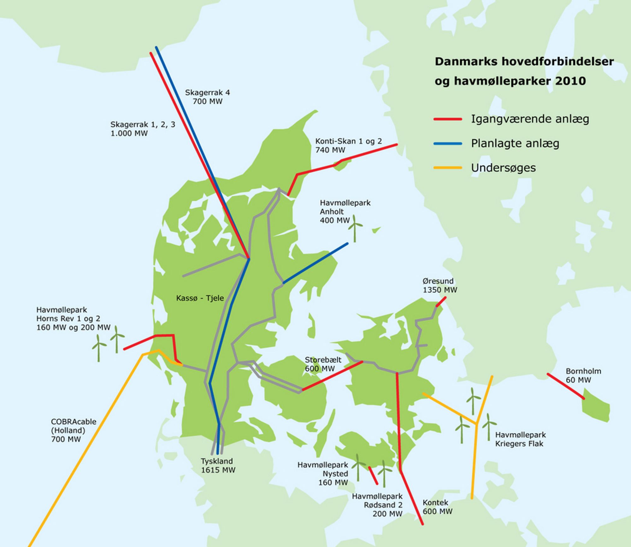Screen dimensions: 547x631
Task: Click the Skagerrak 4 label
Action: pyautogui.click(x=207, y=97)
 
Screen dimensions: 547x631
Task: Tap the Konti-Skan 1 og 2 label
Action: pyautogui.click(x=348, y=145)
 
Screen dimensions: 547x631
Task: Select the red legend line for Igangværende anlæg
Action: pyautogui.click(x=448, y=119)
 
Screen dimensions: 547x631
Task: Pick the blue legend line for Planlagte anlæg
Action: pyautogui.click(x=448, y=143)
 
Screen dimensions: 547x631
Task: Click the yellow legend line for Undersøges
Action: pyautogui.click(x=448, y=168)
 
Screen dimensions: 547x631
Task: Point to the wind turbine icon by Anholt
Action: pyautogui.click(x=355, y=228)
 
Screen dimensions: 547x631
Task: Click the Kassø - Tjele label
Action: pyautogui.click(x=200, y=298)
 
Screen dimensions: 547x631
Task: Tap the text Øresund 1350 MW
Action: pyautogui.click(x=439, y=285)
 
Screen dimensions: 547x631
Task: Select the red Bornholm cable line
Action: pyautogui.click(x=565, y=386)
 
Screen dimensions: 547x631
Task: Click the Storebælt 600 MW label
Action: pyautogui.click(x=322, y=364)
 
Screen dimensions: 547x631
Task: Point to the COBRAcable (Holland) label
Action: pyautogui.click(x=73, y=430)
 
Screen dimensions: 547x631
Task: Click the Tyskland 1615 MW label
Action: pyautogui.click(x=218, y=465)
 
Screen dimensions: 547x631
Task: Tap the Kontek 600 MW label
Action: pyautogui.click(x=437, y=507)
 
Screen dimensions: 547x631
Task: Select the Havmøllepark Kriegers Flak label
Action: pyautogui.click(x=520, y=439)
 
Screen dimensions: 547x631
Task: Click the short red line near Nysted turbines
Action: pyautogui.click(x=373, y=475)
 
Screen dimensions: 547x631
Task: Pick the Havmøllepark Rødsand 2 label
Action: pyautogui.click(x=377, y=505)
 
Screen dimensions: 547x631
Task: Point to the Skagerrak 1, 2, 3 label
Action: pyautogui.click(x=143, y=129)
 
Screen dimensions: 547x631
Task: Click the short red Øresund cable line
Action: pyautogui.click(x=441, y=301)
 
